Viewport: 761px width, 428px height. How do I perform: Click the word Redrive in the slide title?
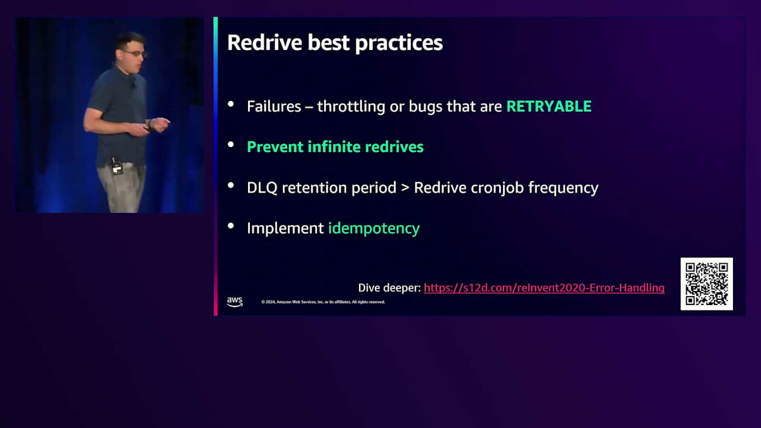coord(265,43)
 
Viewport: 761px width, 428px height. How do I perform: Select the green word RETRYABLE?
coord(549,107)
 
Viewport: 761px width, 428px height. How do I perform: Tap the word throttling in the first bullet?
coord(351,107)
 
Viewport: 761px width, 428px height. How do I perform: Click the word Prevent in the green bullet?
coord(275,146)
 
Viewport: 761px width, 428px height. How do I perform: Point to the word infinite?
coord(334,146)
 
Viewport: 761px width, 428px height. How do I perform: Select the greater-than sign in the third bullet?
coord(405,188)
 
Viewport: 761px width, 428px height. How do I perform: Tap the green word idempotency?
coord(374,228)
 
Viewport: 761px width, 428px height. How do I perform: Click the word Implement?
coord(285,228)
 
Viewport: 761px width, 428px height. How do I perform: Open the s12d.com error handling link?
coord(544,288)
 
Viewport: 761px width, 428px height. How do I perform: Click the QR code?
coord(706,284)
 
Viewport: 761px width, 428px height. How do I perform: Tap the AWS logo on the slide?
coord(235,302)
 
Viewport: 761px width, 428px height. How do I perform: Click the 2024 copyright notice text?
coord(323,302)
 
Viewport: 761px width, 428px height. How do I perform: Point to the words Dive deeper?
coord(389,288)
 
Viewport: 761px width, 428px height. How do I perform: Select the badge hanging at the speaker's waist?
coord(117,168)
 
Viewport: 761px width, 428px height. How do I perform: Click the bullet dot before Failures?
coord(231,104)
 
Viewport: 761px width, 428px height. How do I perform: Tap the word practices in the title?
coord(399,44)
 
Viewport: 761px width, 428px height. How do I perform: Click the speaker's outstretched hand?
coord(160,124)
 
